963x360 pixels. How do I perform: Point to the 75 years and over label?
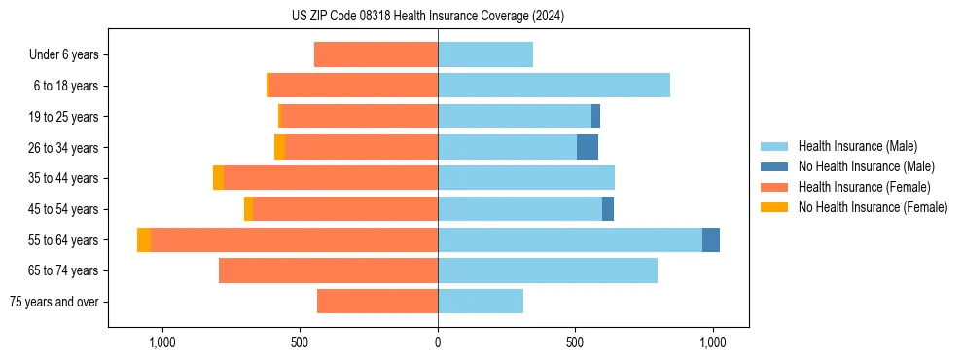[54, 302]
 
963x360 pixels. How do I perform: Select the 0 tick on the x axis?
[438, 342]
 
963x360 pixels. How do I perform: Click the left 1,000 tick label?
[161, 342]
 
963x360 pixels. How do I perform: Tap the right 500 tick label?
[575, 342]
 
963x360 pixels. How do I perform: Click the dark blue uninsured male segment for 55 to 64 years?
[711, 239]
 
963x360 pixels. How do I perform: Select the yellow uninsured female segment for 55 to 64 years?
[144, 239]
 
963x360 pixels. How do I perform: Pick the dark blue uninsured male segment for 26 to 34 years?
[588, 147]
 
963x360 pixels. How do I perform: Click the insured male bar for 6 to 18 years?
[553, 86]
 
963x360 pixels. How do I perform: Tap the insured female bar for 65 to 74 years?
[328, 270]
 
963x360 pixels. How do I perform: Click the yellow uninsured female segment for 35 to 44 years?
[218, 178]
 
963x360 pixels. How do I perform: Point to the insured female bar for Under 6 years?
[375, 55]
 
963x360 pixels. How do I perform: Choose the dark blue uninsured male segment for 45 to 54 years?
[608, 209]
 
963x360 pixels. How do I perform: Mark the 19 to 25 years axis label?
[64, 117]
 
